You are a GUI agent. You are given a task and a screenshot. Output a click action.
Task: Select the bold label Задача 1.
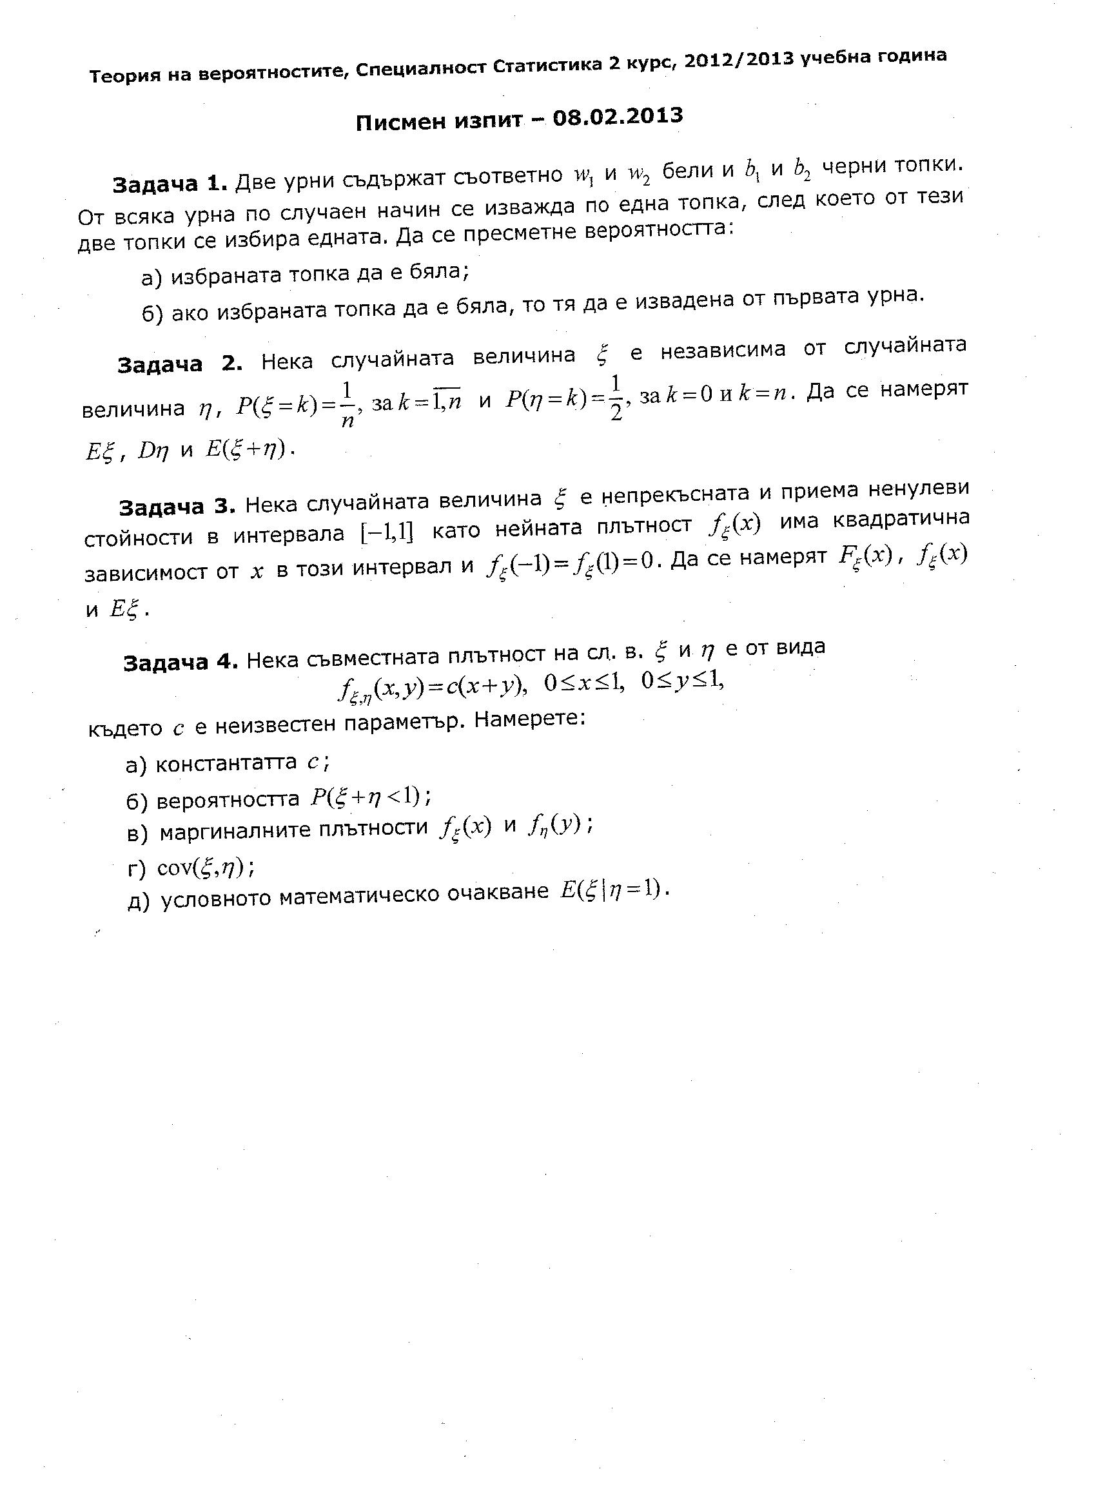click(170, 184)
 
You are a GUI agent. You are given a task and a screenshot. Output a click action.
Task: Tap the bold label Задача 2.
click(179, 365)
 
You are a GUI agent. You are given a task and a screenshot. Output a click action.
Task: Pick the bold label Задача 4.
click(181, 663)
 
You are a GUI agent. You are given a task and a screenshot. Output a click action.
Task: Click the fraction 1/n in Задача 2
click(347, 403)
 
